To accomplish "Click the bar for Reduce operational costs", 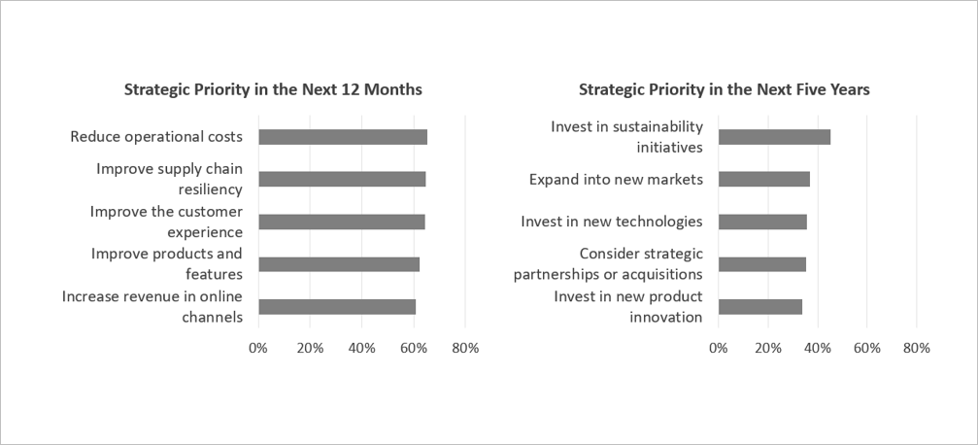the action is click(x=343, y=137).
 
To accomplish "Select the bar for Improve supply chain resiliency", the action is click(x=343, y=179).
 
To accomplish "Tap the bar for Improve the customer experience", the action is click(x=342, y=222).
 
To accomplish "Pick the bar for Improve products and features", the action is click(x=339, y=264).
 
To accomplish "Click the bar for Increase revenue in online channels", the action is click(x=337, y=306).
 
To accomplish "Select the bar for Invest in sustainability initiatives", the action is click(x=775, y=137).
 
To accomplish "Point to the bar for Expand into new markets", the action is click(x=764, y=179).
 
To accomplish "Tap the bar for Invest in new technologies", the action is click(x=762, y=222).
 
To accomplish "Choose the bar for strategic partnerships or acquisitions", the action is click(x=762, y=264).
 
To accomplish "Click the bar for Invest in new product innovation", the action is click(x=760, y=306).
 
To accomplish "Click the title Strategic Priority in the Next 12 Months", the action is click(x=273, y=89).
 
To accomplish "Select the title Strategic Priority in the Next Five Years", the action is click(x=725, y=89).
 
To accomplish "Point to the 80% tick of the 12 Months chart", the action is click(x=465, y=348).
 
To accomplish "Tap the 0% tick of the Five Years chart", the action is click(x=719, y=348).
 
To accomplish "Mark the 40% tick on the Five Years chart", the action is click(x=818, y=348).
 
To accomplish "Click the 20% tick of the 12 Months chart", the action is click(x=310, y=348).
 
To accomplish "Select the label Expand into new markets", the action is click(x=617, y=179).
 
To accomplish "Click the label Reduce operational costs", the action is click(x=156, y=137).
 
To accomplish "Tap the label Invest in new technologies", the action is click(x=612, y=222).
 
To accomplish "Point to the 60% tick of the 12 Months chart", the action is click(x=414, y=348).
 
